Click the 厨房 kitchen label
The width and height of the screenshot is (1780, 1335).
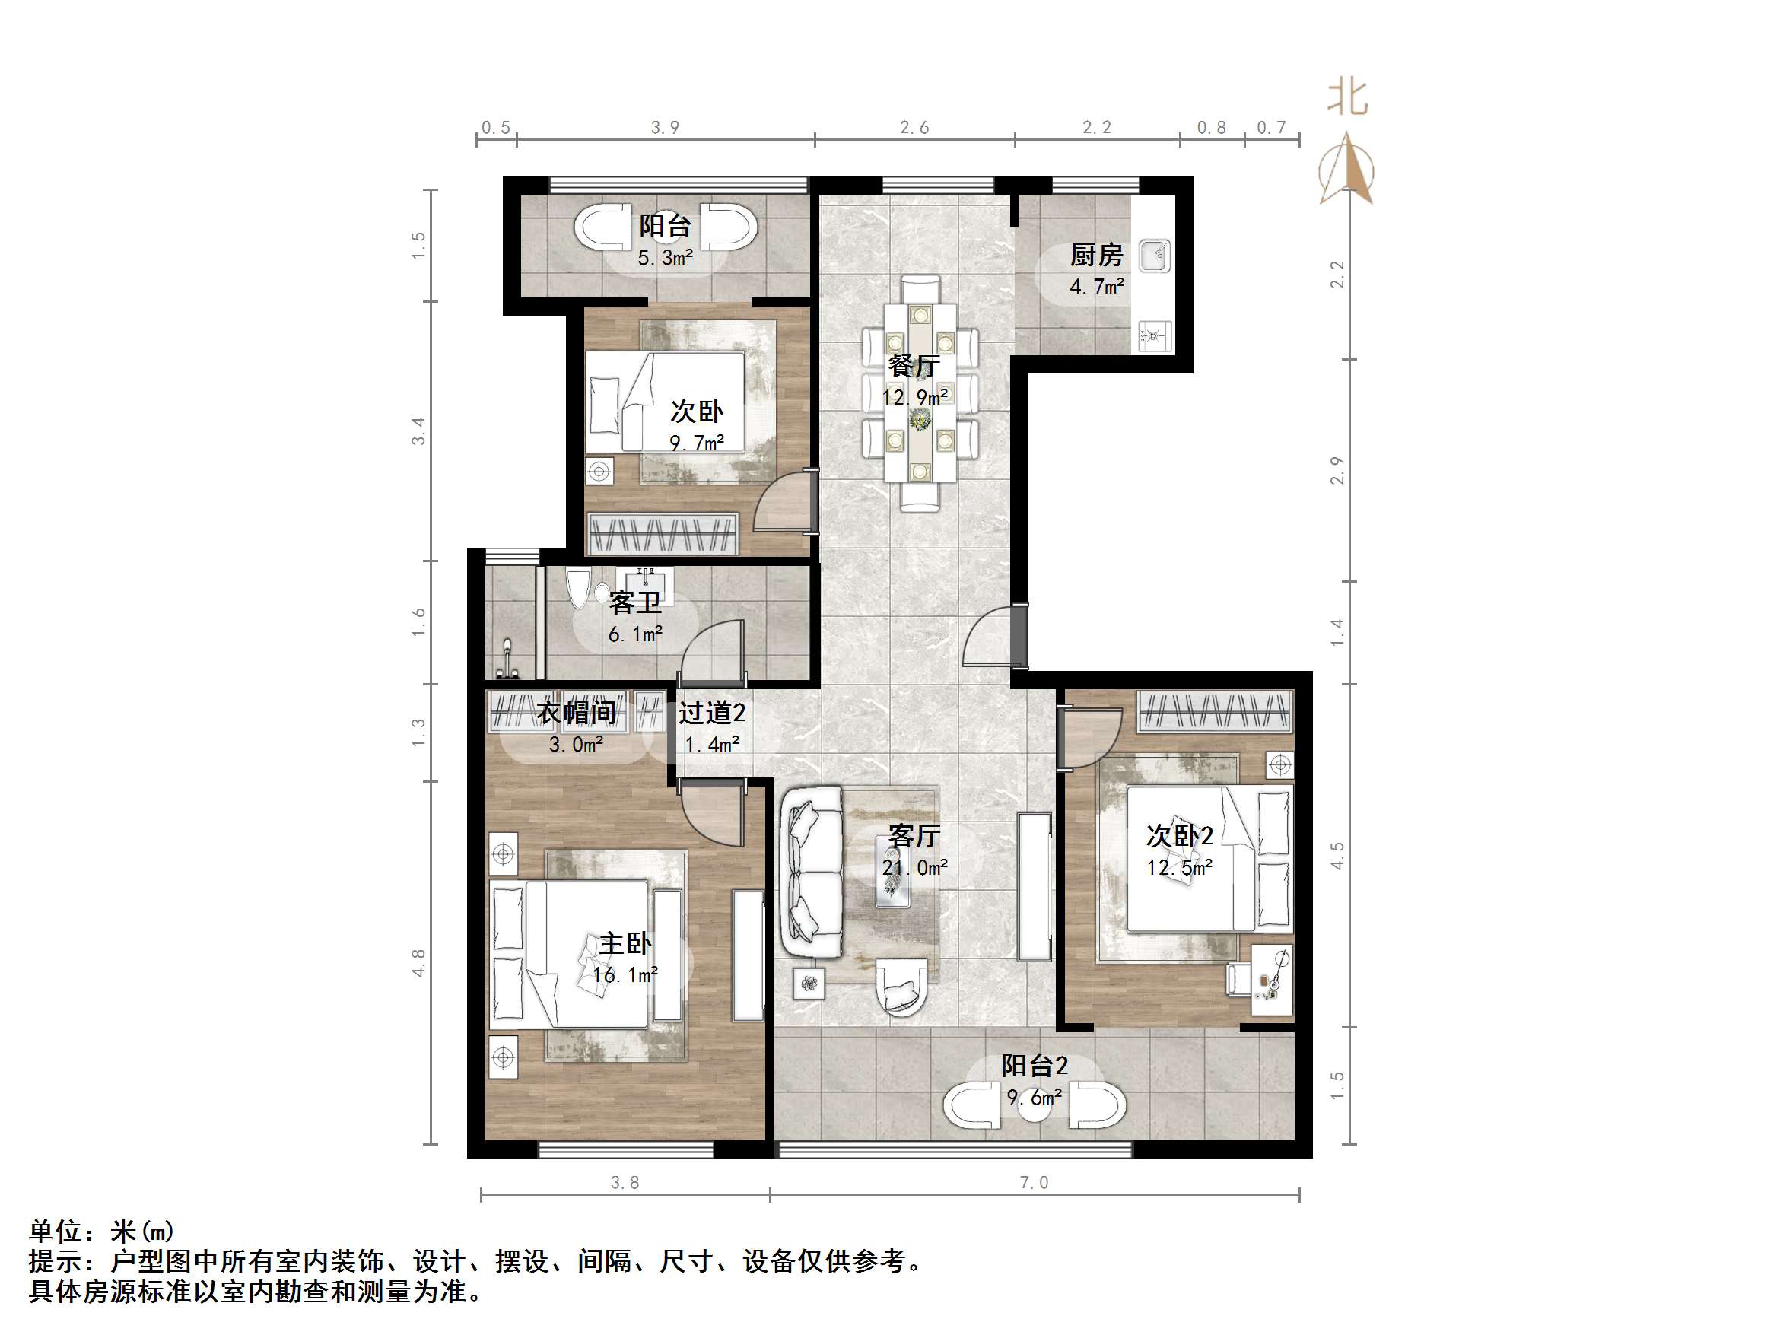1096,256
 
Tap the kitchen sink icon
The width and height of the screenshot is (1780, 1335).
1155,256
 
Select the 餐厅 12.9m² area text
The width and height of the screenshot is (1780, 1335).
915,398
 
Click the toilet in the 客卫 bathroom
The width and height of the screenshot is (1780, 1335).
579,589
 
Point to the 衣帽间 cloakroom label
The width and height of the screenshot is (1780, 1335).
576,713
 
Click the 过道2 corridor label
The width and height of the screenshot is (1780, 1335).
711,713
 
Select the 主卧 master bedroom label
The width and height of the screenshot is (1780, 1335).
625,943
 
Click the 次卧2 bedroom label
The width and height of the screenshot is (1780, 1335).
1179,836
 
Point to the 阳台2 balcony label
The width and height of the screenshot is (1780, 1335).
1034,1066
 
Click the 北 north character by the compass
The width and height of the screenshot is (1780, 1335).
1347,98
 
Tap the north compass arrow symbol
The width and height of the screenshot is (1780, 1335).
1347,171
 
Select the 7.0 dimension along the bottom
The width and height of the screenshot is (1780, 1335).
1034,1182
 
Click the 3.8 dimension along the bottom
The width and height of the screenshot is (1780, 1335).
625,1182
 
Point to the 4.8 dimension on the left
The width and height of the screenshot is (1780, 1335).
418,963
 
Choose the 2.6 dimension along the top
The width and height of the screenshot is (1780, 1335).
914,127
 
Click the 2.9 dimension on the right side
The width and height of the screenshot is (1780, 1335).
1337,471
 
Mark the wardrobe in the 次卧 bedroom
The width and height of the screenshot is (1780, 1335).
663,534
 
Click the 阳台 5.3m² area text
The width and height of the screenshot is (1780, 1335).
666,258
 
